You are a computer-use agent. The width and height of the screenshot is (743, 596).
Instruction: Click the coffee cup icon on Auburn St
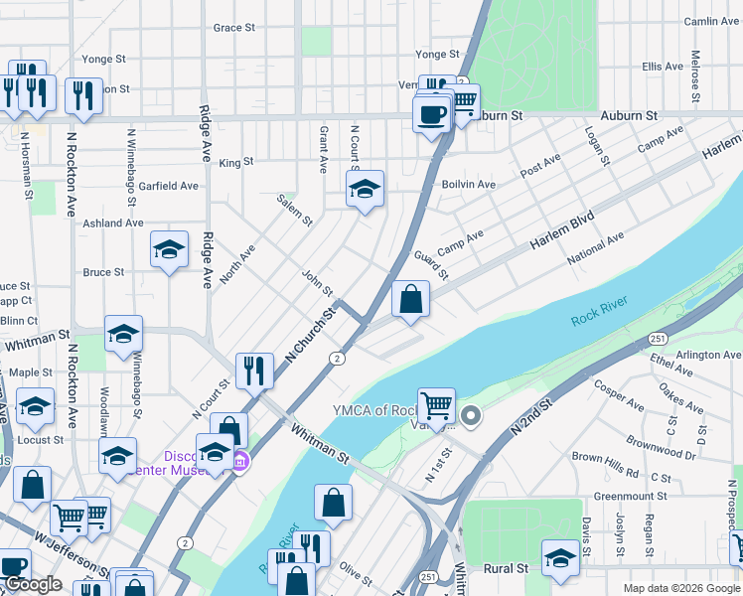[x=432, y=115]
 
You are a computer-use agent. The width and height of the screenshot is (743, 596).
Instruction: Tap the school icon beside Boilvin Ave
[x=365, y=189]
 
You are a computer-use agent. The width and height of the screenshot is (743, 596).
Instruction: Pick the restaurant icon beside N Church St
[x=255, y=372]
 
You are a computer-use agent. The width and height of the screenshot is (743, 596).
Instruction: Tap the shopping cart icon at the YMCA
[x=436, y=405]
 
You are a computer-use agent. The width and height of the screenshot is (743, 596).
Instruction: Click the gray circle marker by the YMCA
[x=471, y=415]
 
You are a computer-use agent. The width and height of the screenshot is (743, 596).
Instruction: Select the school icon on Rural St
[x=560, y=558]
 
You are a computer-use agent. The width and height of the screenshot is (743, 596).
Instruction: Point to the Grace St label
[x=234, y=28]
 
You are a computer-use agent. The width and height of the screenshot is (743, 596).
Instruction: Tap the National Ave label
[x=595, y=249]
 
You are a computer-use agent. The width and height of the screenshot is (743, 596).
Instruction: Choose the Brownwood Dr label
[x=662, y=446]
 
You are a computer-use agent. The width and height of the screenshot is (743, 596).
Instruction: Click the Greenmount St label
[x=630, y=496]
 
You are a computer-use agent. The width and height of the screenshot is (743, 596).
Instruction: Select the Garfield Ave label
[x=168, y=186]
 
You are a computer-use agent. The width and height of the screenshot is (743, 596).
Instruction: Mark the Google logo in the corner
[x=33, y=584]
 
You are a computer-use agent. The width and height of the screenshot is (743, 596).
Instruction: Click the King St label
[x=236, y=162]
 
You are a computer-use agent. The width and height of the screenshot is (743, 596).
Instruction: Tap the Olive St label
[x=356, y=571]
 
